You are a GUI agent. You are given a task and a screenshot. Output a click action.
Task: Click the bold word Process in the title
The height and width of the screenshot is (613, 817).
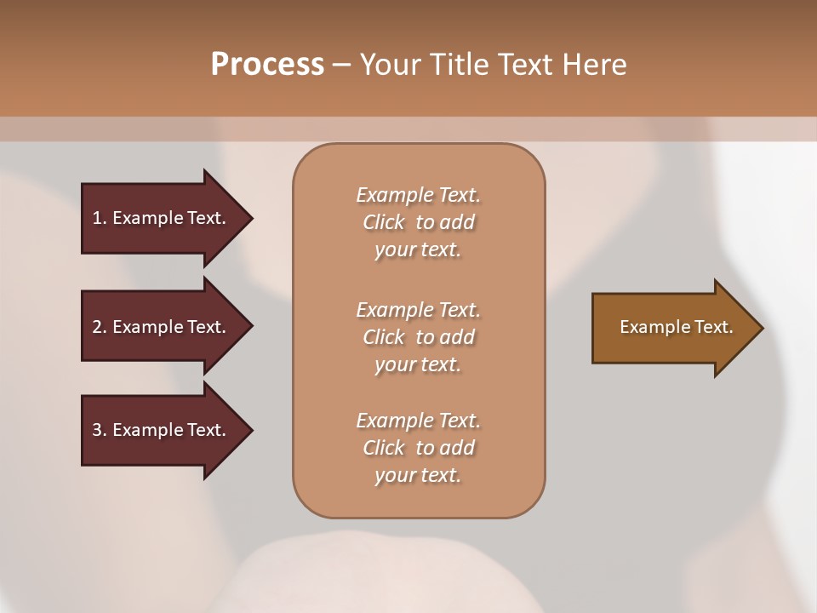(x=267, y=65)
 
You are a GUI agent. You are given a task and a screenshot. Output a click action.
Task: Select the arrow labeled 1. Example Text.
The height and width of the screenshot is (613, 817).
(x=162, y=218)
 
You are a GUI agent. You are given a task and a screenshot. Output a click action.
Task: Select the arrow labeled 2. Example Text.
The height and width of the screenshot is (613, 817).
(x=162, y=327)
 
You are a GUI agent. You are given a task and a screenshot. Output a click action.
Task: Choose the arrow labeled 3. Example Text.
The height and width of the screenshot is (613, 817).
(x=162, y=430)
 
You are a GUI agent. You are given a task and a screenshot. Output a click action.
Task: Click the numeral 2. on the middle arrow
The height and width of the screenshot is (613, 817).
(x=99, y=327)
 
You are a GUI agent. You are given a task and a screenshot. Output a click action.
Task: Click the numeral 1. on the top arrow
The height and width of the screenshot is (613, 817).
(x=99, y=218)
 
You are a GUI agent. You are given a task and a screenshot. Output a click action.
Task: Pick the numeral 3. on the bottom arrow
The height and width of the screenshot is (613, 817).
(x=99, y=430)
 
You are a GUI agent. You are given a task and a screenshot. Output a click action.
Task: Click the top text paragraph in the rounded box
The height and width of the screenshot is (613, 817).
(x=418, y=222)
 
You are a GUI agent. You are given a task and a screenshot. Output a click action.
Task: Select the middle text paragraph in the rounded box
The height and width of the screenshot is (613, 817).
(x=418, y=337)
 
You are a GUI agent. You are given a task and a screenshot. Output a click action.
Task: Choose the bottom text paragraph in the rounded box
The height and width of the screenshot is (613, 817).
(x=418, y=448)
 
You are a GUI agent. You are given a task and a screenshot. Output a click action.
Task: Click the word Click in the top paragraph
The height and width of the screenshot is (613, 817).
(x=384, y=222)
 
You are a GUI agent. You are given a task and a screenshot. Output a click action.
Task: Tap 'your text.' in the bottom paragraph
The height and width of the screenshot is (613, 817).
(x=418, y=475)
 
